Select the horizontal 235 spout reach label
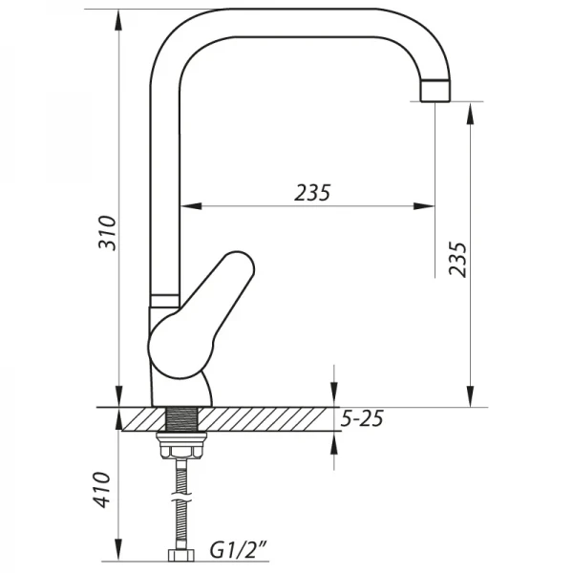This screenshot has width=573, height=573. (x=311, y=192)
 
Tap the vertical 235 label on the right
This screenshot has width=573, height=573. (x=458, y=258)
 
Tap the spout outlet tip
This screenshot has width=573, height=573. (x=435, y=92)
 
